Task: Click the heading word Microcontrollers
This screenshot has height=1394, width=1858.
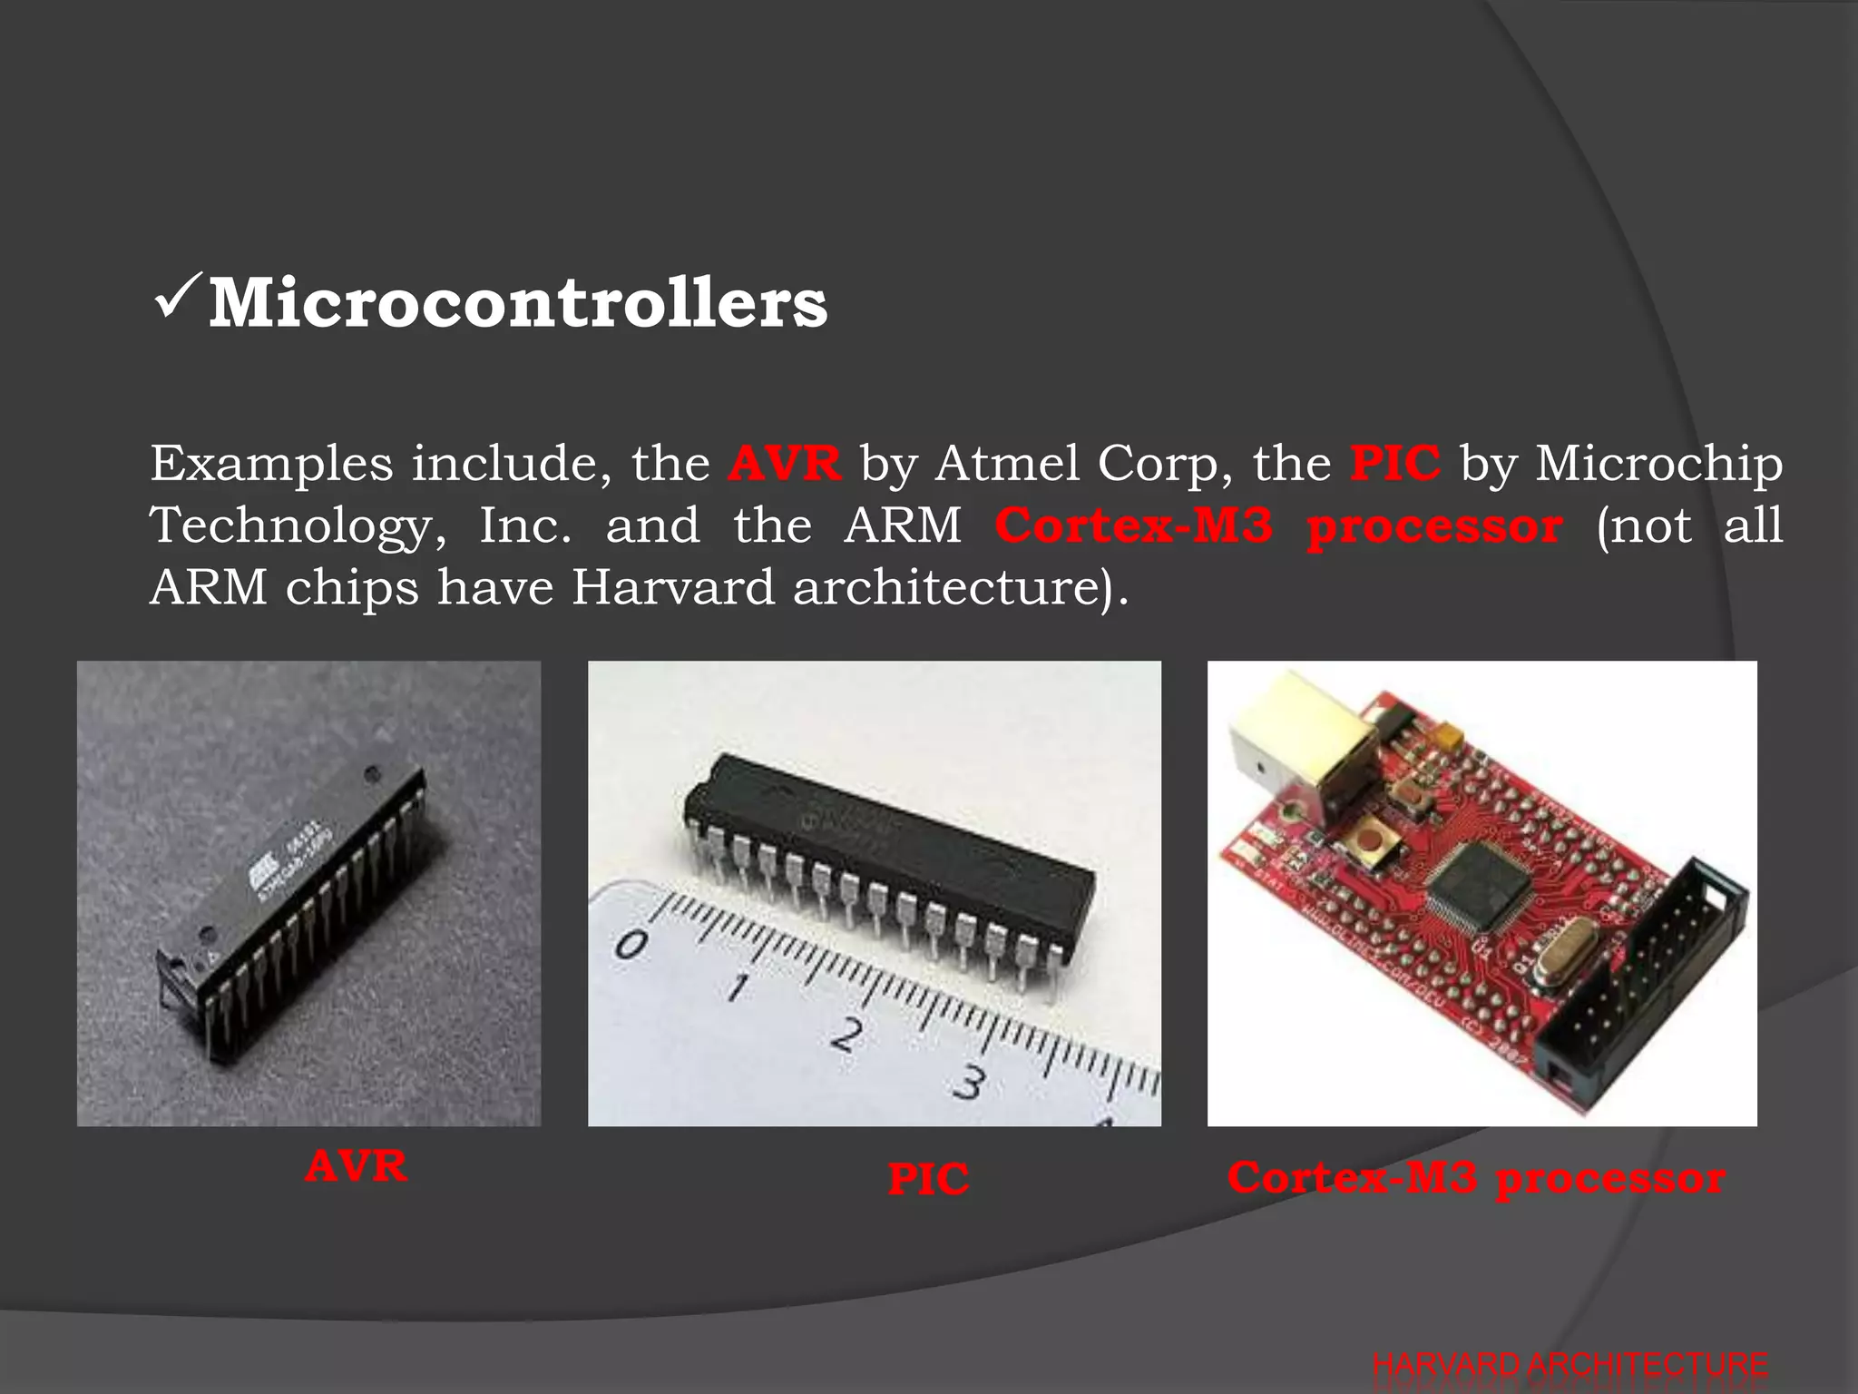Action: point(518,303)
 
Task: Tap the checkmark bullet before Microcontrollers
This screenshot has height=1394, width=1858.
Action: point(176,299)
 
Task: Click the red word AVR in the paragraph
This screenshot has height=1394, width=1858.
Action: point(785,464)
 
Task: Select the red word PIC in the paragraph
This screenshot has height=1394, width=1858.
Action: point(1394,464)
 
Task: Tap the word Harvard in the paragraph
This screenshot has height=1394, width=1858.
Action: point(672,587)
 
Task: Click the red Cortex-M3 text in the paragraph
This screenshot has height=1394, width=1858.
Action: point(1134,526)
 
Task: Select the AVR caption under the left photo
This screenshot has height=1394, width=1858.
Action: point(356,1167)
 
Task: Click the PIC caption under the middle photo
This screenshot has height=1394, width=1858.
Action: point(928,1181)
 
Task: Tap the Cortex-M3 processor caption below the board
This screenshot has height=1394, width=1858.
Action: point(1476,1179)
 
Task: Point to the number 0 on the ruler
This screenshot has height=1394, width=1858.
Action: point(631,945)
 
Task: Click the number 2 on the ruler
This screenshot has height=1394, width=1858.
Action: point(846,1034)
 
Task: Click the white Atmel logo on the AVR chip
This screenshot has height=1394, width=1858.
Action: point(266,873)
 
